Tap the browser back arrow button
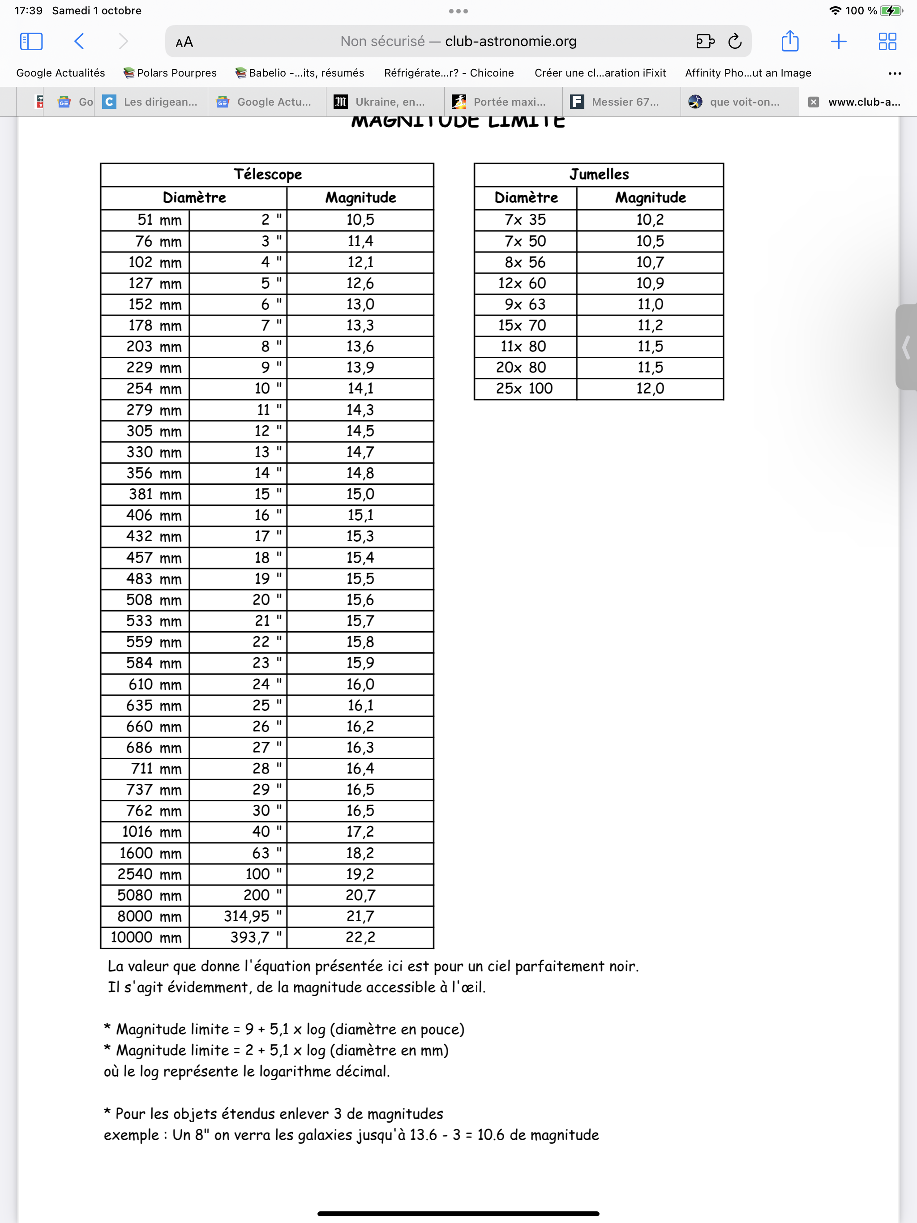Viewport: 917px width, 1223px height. click(79, 42)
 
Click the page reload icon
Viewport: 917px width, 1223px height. click(734, 42)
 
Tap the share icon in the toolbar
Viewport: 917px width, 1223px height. click(789, 42)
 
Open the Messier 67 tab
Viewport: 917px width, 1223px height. click(623, 102)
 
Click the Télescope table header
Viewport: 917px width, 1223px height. click(267, 175)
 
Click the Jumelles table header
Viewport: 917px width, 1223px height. click(599, 175)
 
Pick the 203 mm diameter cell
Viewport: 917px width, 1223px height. click(146, 346)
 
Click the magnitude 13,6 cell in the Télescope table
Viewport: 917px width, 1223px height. click(360, 346)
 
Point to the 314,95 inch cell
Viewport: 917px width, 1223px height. click(246, 917)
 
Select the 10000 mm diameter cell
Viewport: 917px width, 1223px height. click(146, 938)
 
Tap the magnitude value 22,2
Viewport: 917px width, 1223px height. click(360, 938)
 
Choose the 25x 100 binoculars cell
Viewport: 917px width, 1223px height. click(524, 389)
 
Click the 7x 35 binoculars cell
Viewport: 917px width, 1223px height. click(525, 220)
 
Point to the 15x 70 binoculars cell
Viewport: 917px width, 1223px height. click(522, 325)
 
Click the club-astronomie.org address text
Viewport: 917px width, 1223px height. click(510, 42)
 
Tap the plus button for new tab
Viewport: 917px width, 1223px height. click(839, 42)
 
